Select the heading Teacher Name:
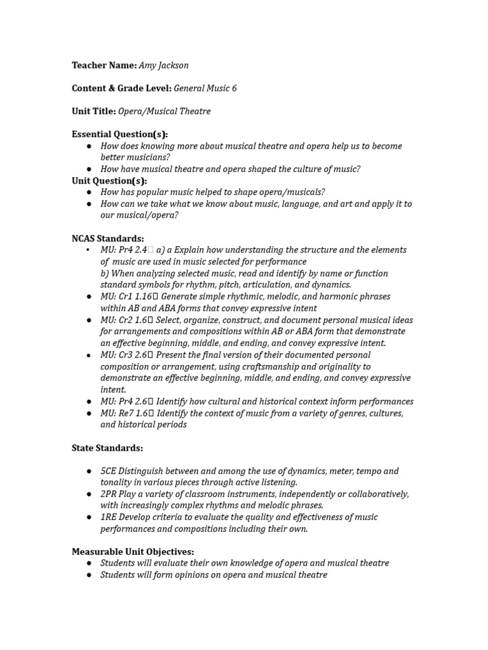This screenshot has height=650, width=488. click(104, 65)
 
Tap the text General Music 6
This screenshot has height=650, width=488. click(205, 88)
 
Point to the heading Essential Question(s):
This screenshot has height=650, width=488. click(119, 135)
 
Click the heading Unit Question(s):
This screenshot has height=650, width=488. click(109, 181)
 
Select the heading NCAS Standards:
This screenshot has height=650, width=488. click(107, 239)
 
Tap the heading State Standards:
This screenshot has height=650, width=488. click(107, 448)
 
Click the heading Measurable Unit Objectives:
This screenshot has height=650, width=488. click(133, 552)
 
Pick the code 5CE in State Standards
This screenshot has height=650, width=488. click(108, 471)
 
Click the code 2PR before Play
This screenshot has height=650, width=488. click(109, 494)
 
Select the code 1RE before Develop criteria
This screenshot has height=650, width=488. click(108, 517)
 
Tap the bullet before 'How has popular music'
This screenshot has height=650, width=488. click(89, 192)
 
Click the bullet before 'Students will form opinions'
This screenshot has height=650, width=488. click(89, 575)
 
